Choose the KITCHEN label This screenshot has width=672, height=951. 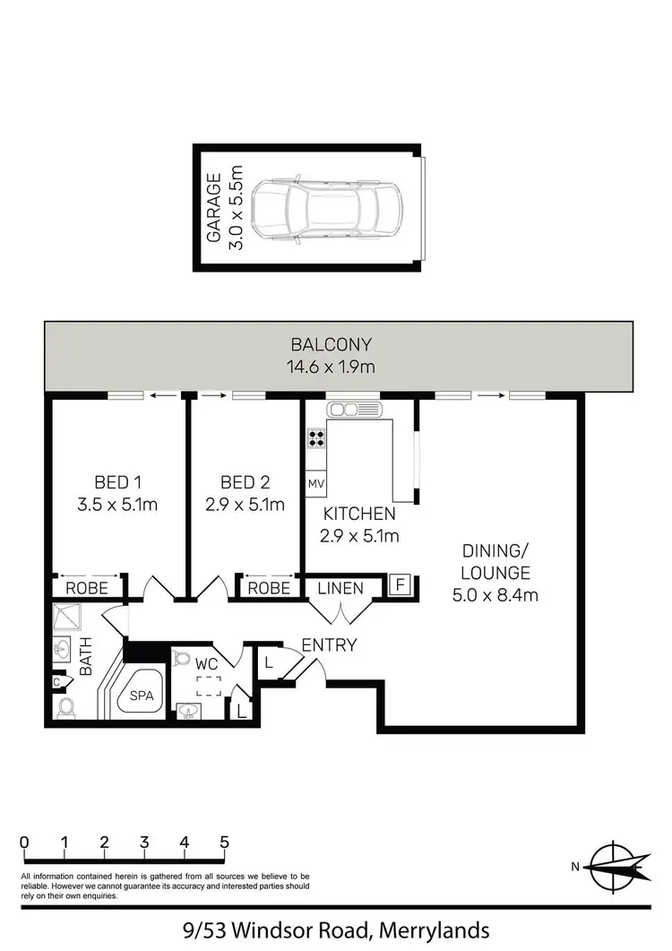(359, 514)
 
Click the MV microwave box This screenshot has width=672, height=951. (315, 484)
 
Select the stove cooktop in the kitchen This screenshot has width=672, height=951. (316, 438)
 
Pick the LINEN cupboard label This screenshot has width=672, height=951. (341, 589)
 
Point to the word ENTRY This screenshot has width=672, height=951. (329, 645)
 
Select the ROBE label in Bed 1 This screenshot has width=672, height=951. (87, 589)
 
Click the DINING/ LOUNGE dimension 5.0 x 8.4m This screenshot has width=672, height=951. (495, 594)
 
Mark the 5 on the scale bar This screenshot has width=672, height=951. (224, 843)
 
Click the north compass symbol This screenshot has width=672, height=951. (613, 866)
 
